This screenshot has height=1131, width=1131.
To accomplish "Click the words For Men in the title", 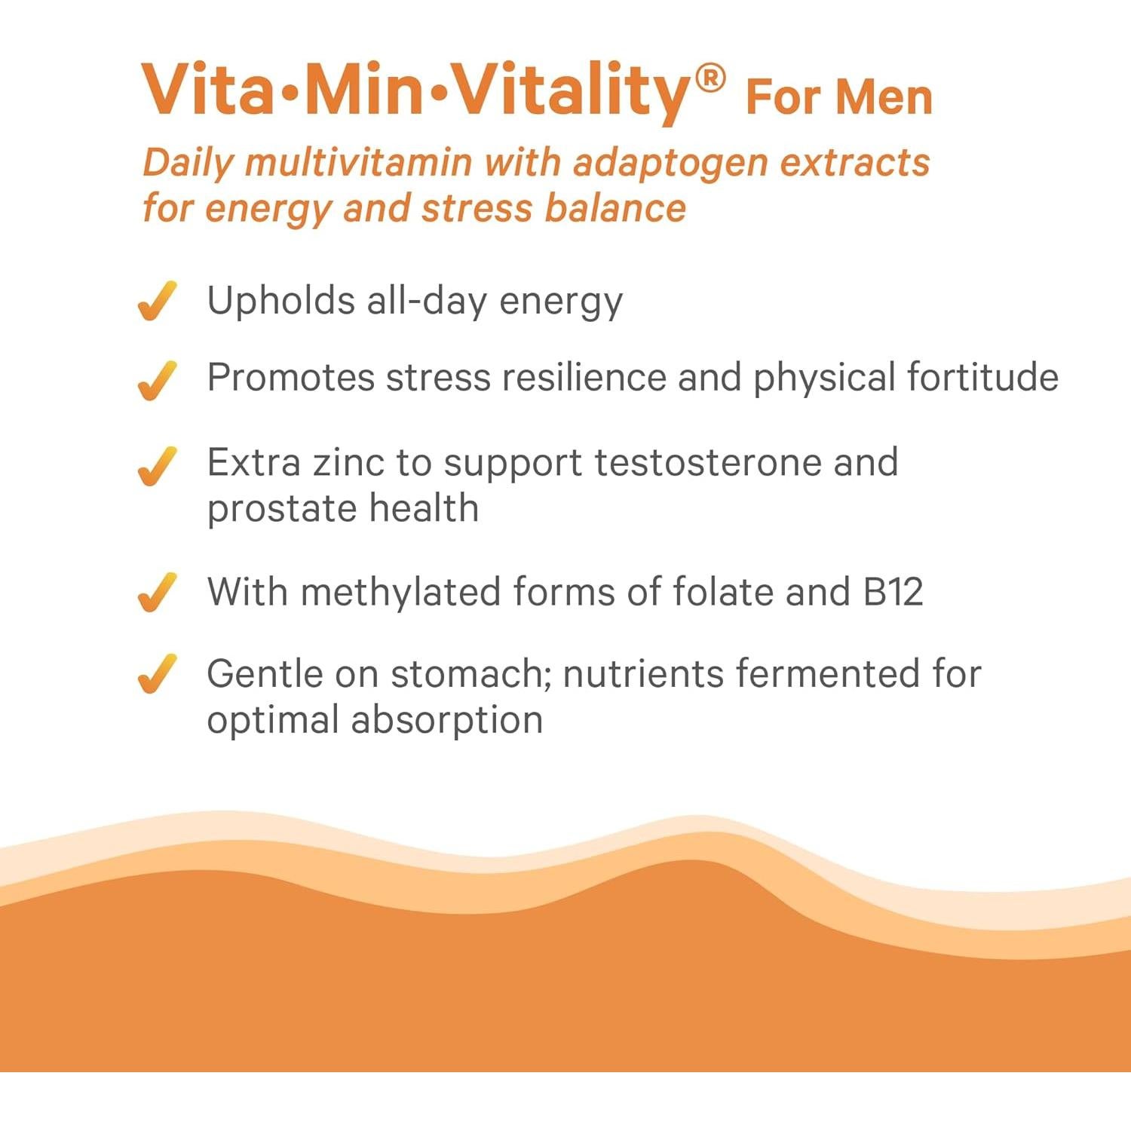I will (x=838, y=98).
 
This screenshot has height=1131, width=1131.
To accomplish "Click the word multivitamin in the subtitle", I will (x=359, y=164).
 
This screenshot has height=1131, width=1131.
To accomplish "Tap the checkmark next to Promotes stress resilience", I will (x=157, y=380).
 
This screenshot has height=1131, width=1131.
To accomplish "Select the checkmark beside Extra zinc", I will (x=157, y=466).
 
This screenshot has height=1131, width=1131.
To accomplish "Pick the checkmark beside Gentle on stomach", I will (x=157, y=673).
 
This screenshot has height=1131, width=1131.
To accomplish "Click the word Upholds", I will (x=280, y=302).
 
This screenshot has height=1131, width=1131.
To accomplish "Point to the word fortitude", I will (x=982, y=377).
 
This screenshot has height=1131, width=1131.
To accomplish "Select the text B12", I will (x=893, y=592).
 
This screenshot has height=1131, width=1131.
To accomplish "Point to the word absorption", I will (x=446, y=720).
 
